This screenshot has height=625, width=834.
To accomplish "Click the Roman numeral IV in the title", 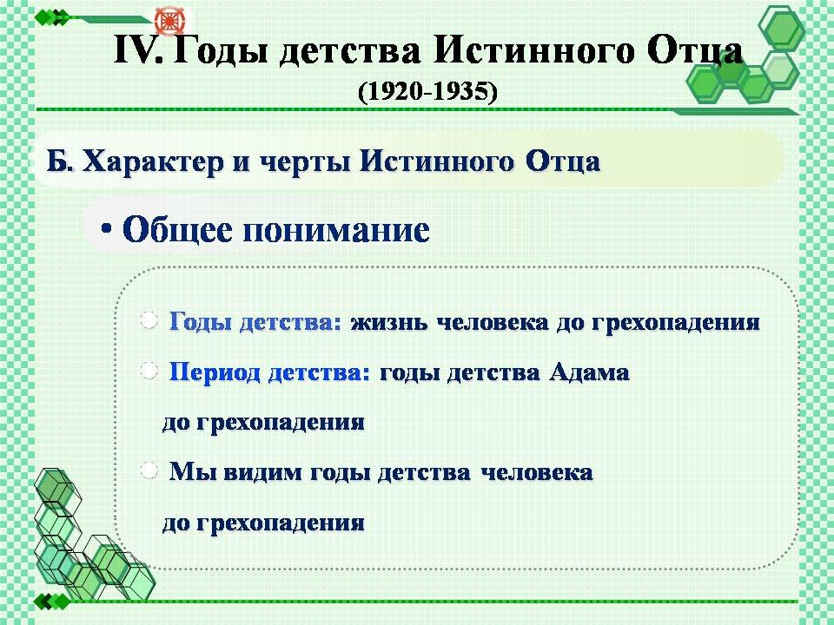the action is coord(139,50).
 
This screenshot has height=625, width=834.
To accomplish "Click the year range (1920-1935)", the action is coord(427,91).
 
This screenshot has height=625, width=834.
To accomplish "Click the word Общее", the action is coord(177,229).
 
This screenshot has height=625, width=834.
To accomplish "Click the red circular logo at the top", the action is coord(169,22).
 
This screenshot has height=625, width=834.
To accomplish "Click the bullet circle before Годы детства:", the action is coord(149,320).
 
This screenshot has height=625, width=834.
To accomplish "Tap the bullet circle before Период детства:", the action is coord(149,371).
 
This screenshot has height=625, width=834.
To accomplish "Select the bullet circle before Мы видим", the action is coord(149,470).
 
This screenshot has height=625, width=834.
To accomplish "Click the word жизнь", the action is coord(389,322).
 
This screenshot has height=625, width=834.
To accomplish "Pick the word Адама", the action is coord(589,372).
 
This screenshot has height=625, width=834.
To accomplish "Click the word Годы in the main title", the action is coord(220,51).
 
